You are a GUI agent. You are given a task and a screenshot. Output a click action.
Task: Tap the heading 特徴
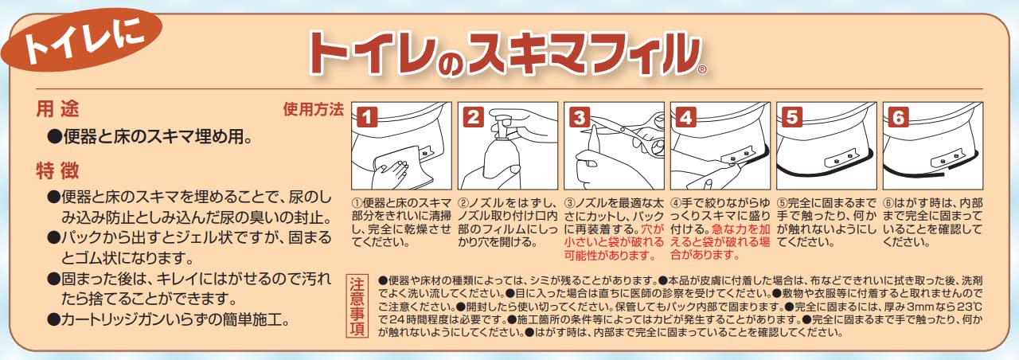57,170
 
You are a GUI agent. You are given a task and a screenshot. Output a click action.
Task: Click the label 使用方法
313,109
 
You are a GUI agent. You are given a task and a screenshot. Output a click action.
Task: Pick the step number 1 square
365,116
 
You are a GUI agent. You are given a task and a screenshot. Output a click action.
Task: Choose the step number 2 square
472,116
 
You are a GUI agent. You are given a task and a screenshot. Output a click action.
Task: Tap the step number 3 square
579,116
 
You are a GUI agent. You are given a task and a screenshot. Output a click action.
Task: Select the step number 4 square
685,116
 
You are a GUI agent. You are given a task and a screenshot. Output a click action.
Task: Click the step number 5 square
791,116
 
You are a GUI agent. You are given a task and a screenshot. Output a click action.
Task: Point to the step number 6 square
898,116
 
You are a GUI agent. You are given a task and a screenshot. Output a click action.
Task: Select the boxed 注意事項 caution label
358,306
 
